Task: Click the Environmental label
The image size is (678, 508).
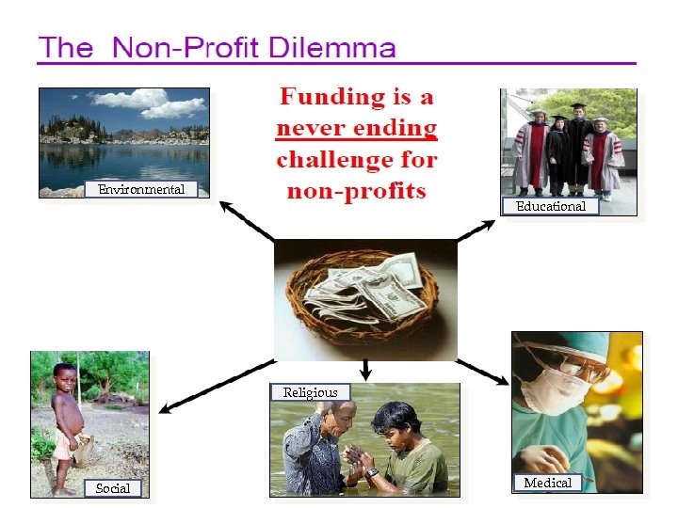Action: pyautogui.click(x=141, y=190)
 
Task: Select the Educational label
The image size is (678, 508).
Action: pyautogui.click(x=551, y=206)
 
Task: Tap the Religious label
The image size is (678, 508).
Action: pyautogui.click(x=310, y=392)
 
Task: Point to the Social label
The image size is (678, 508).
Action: pyautogui.click(x=113, y=487)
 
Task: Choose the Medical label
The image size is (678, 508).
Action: pyautogui.click(x=547, y=483)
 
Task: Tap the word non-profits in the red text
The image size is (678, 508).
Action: pyautogui.click(x=356, y=191)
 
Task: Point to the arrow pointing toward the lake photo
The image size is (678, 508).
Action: pyautogui.click(x=247, y=222)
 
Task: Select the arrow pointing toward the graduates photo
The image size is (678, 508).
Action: pyautogui.click(x=476, y=231)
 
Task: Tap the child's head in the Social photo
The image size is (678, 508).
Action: pyautogui.click(x=65, y=376)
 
